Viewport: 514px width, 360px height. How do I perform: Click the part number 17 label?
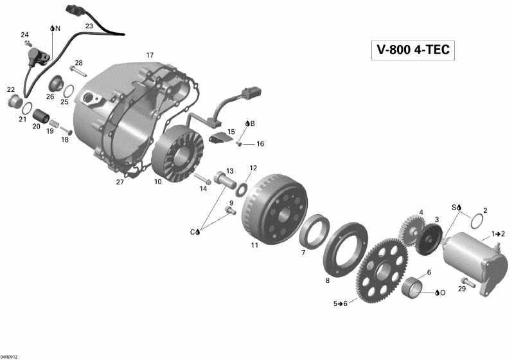point(150,55)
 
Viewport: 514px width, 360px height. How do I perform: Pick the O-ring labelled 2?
point(474,221)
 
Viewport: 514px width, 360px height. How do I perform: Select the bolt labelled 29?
point(465,280)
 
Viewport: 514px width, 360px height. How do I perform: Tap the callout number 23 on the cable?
point(89,26)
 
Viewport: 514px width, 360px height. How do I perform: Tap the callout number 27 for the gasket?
point(120,182)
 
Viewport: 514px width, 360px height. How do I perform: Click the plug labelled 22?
point(13,102)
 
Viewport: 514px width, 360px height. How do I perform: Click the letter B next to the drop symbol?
point(253,123)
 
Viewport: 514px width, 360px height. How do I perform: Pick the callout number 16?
point(260,144)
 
